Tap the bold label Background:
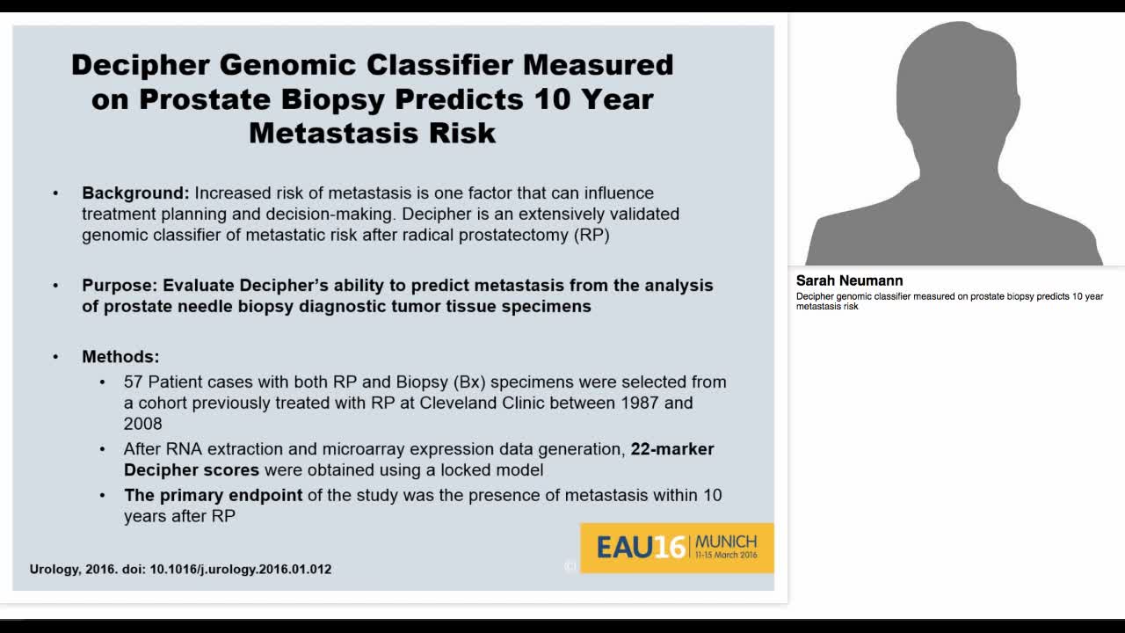coord(135,193)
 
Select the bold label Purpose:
coord(120,286)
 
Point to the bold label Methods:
coord(120,357)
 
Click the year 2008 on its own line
coord(142,424)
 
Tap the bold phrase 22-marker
coord(672,449)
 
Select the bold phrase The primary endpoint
coord(213,495)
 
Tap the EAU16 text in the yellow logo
coord(640,548)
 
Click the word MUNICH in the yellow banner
coord(725,541)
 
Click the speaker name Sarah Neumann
coord(849,281)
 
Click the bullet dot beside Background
coord(56,193)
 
